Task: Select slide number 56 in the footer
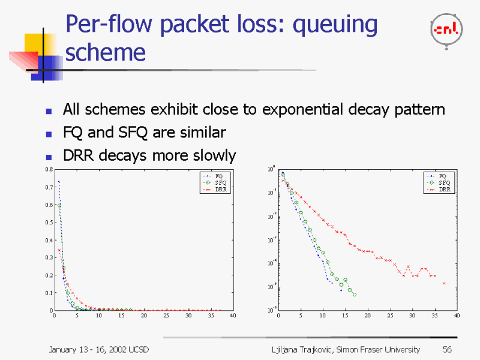click(447, 349)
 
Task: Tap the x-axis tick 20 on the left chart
click(143, 316)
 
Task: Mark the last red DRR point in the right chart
click(444, 283)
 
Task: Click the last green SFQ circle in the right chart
click(355, 295)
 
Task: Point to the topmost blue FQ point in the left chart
click(59, 181)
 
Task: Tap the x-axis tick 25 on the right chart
click(389, 316)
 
